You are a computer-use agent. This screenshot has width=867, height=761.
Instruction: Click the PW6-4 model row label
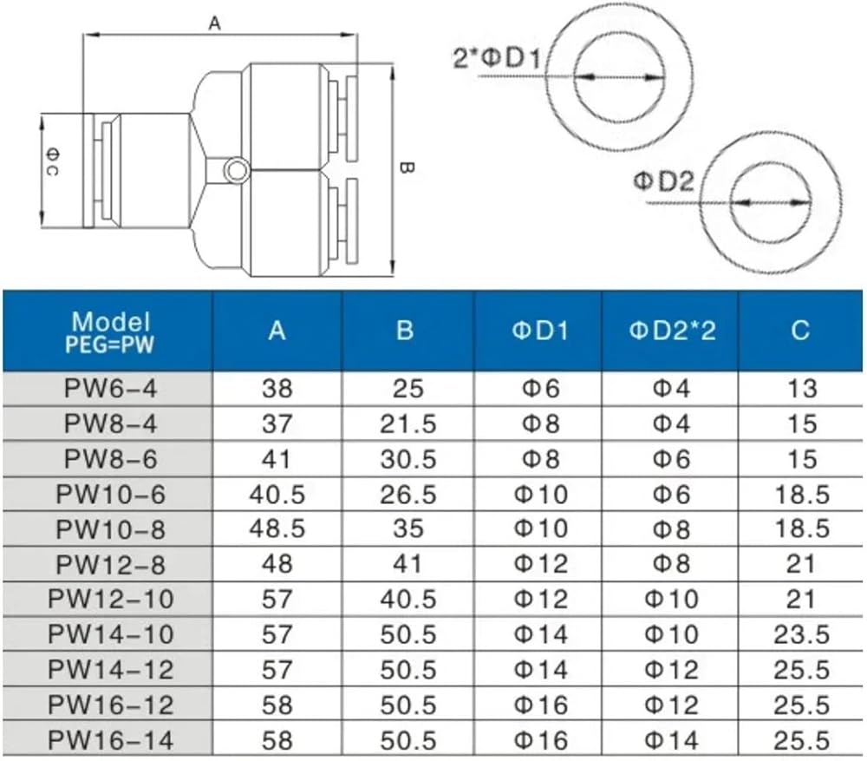(x=111, y=388)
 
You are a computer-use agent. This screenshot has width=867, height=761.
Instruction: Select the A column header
(x=277, y=331)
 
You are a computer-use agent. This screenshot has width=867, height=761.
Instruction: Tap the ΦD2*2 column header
(x=672, y=331)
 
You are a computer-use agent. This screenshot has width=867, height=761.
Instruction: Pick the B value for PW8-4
(x=408, y=424)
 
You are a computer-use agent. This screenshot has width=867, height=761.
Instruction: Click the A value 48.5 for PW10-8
(x=277, y=528)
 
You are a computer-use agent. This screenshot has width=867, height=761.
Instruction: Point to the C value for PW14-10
(x=801, y=634)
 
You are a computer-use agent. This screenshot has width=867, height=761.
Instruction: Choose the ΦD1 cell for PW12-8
(x=541, y=564)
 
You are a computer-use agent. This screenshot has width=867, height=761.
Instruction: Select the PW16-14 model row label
(x=111, y=740)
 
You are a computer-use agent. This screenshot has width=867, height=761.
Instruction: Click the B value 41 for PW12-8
(x=408, y=564)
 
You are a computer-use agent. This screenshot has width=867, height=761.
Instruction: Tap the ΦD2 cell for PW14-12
(x=671, y=670)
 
